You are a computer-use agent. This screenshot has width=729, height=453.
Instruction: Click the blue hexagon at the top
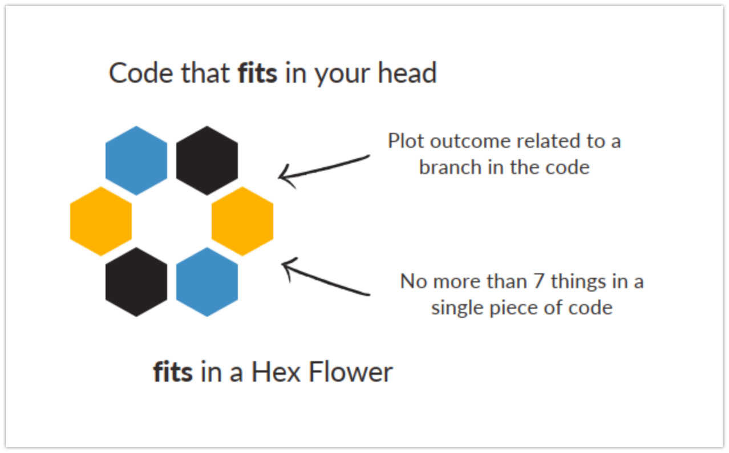[136, 160]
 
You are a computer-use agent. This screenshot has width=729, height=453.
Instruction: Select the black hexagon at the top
[207, 160]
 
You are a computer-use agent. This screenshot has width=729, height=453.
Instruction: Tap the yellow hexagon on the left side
[101, 221]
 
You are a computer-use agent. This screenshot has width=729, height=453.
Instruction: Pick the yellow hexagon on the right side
[242, 221]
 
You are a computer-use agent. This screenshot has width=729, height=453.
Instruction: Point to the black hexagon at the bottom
[136, 282]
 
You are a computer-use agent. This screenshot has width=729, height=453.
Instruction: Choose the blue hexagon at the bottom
[207, 282]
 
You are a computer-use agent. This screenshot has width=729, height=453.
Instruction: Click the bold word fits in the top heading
[257, 74]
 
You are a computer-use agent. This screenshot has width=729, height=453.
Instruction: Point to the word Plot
[406, 140]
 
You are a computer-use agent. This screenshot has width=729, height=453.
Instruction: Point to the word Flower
[350, 373]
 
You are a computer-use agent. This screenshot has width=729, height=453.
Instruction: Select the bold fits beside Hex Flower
[173, 373]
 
